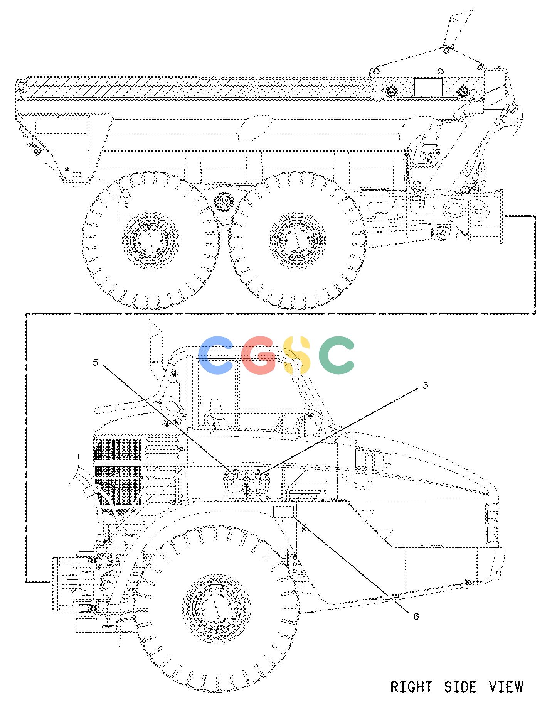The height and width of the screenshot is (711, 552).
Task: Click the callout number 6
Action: (x=416, y=616)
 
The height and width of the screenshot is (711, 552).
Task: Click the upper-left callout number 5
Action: (x=96, y=362)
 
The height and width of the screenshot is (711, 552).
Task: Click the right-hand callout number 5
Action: (x=426, y=385)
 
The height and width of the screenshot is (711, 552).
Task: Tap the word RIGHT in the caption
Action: (x=411, y=687)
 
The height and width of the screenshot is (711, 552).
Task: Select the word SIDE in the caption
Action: (x=460, y=687)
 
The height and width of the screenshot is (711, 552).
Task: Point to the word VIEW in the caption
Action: (x=507, y=687)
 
